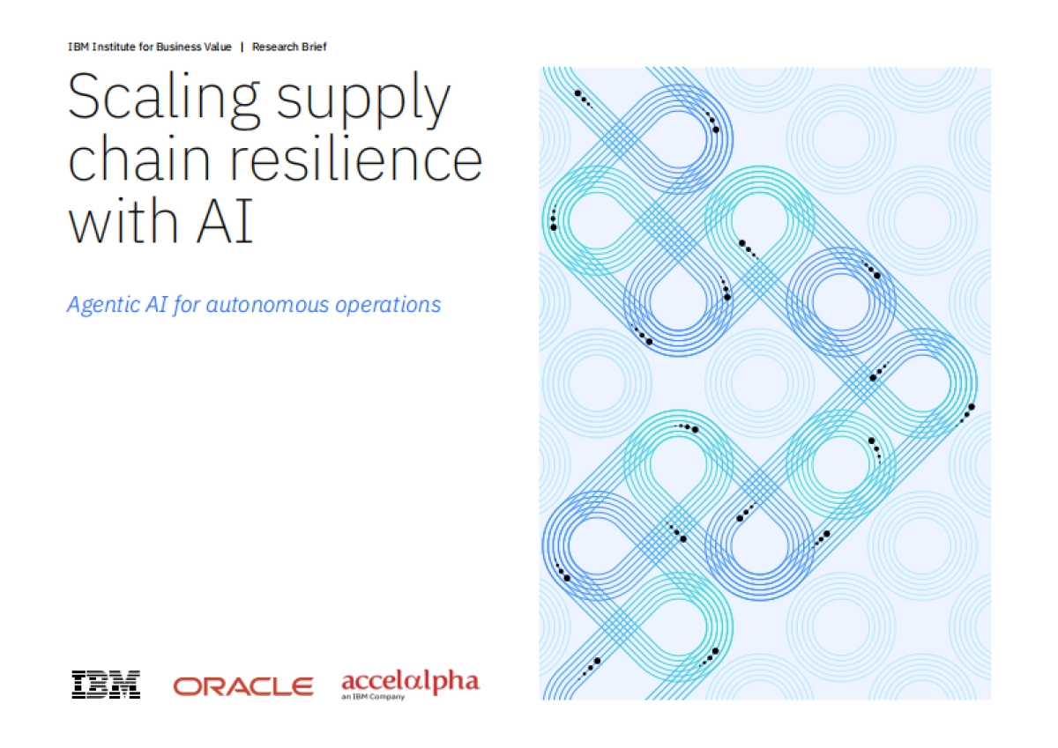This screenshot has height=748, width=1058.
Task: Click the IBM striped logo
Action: pyautogui.click(x=106, y=685)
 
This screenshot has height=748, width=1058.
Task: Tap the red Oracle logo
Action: pyautogui.click(x=243, y=686)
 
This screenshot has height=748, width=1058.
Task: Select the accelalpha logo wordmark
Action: pyautogui.click(x=411, y=681)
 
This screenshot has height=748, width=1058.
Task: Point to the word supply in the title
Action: pyautogui.click(x=363, y=100)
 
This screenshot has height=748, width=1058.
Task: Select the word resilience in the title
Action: pyautogui.click(x=355, y=158)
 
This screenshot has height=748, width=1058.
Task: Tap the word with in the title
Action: pyautogui.click(x=123, y=220)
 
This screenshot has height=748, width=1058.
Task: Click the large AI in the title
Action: pyautogui.click(x=226, y=221)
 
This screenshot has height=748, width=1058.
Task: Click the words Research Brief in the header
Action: pyautogui.click(x=289, y=47)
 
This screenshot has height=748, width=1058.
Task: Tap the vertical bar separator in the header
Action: pyautogui.click(x=242, y=47)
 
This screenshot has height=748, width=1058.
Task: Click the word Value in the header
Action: pyautogui.click(x=218, y=47)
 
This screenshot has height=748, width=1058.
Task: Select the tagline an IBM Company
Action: pyautogui.click(x=373, y=697)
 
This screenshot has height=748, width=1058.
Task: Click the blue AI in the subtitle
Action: pyautogui.click(x=156, y=304)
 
